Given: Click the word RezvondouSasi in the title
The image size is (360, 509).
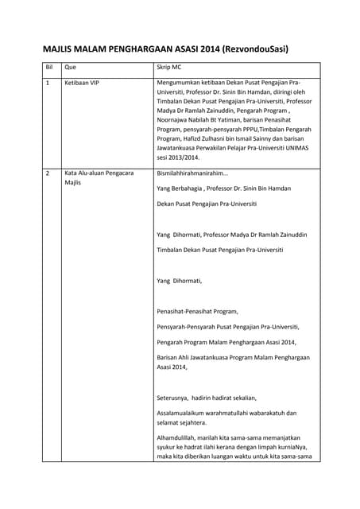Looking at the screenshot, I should pos(254,49).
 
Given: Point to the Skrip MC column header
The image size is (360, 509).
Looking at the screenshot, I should pos(172,68).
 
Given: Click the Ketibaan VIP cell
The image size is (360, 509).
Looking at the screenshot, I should pos(82,83).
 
